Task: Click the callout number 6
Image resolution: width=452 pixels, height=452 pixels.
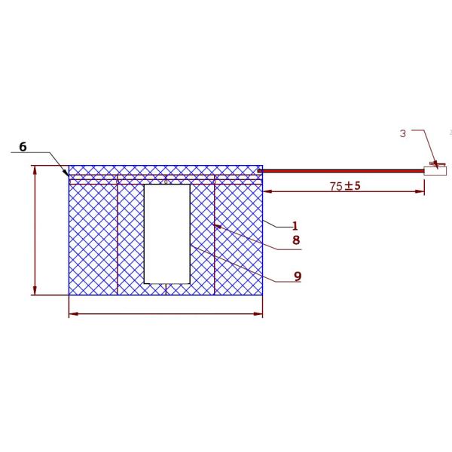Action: coord(23,147)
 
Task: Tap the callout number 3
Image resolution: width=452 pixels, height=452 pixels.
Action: coord(403,133)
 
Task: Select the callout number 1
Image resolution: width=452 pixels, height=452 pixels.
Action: coord(295,226)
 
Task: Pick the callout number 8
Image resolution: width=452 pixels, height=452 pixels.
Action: coord(296,240)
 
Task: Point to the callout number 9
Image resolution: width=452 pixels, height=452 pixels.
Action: coord(298,276)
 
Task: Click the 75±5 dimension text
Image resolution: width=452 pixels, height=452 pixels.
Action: coord(345,186)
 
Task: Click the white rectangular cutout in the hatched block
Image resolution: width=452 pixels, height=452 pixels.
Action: coord(167,234)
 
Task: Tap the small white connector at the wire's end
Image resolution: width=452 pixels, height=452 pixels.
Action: coord(435,171)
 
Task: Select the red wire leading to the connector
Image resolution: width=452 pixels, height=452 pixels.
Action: coord(341,171)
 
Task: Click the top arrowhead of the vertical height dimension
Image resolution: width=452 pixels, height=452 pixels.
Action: coord(35,170)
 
